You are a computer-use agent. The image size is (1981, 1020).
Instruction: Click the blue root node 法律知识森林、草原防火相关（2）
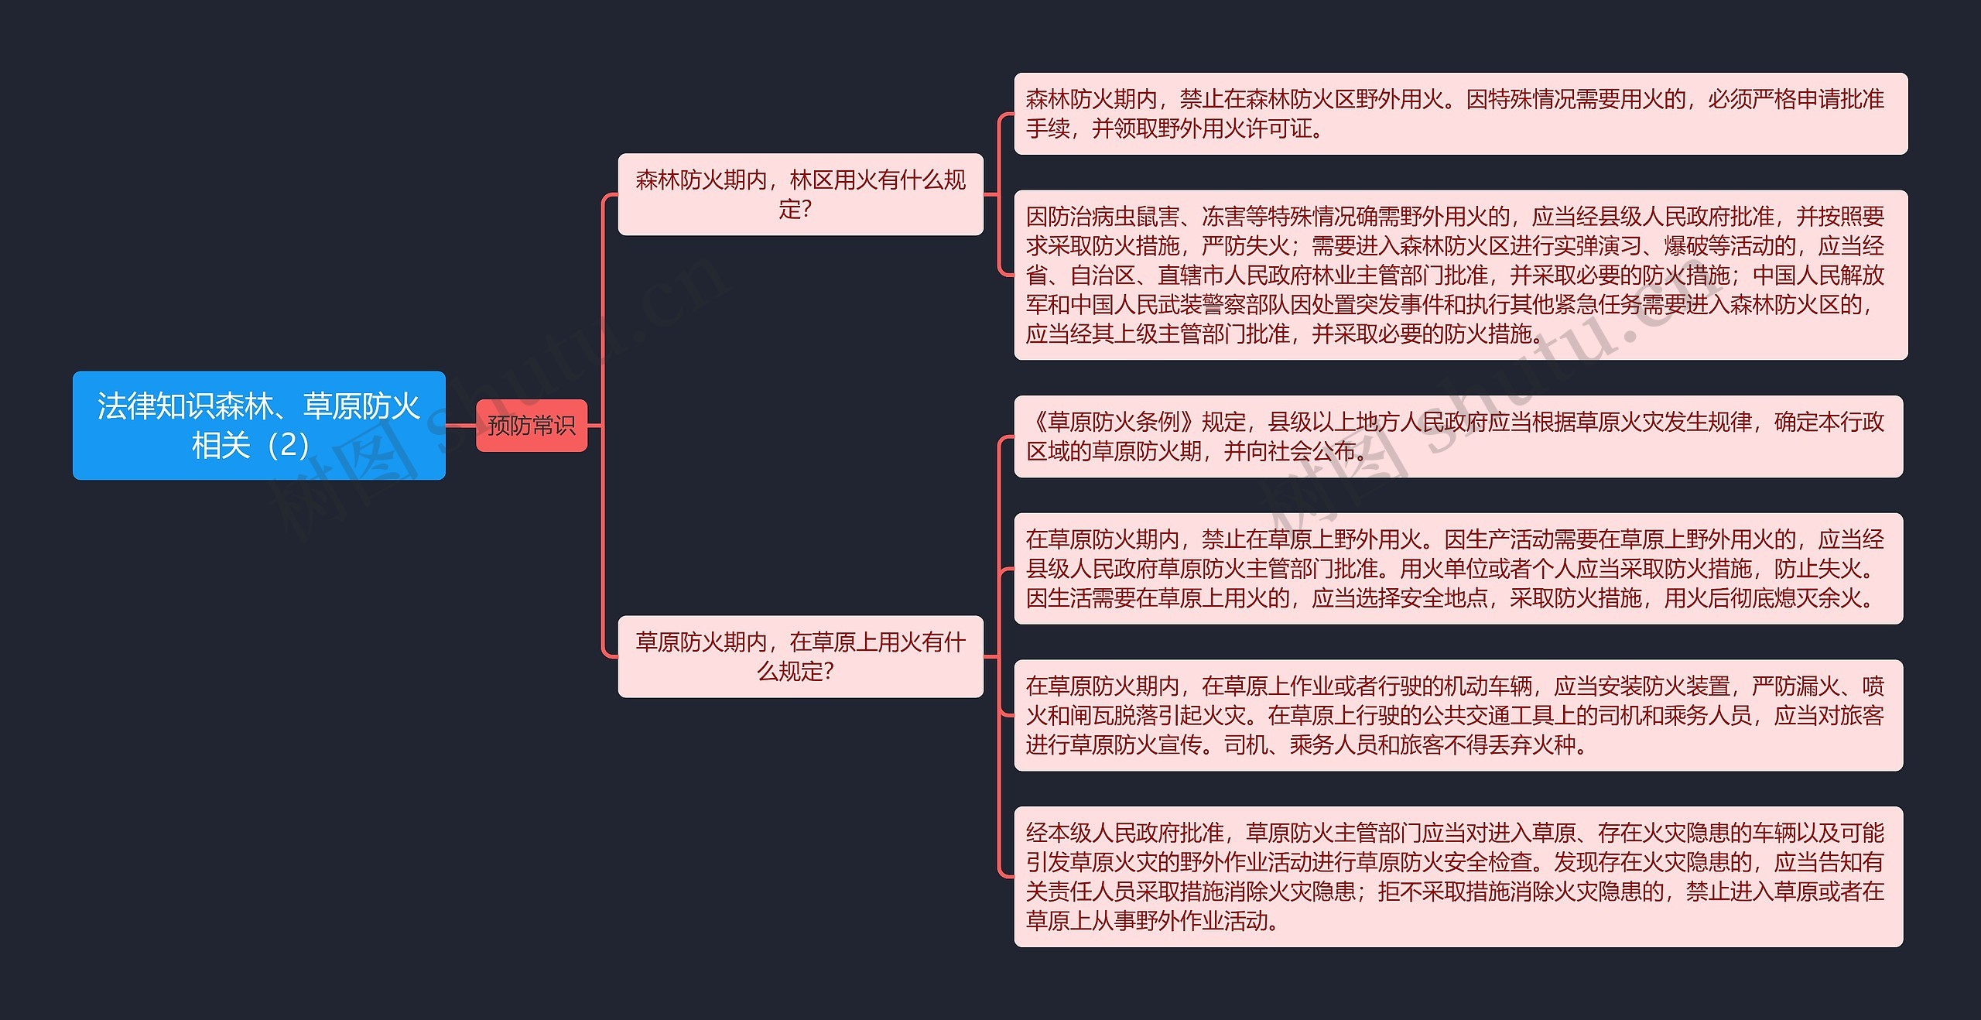[x=258, y=425]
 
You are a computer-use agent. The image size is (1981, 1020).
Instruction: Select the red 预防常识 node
[x=531, y=425]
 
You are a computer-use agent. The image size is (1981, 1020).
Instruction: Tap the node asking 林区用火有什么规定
[x=800, y=194]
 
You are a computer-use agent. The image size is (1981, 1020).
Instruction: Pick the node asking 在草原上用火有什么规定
[x=800, y=656]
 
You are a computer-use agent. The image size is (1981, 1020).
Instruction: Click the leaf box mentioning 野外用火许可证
[x=1459, y=114]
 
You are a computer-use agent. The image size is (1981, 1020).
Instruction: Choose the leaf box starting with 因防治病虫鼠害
[x=1459, y=275]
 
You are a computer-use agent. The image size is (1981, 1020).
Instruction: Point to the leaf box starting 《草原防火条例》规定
[x=1458, y=436]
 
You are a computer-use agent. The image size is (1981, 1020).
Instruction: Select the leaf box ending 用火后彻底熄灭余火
[x=1458, y=568]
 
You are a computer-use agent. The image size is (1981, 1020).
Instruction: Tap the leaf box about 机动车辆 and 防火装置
[x=1458, y=715]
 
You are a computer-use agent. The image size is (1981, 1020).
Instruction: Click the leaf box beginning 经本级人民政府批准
[x=1458, y=877]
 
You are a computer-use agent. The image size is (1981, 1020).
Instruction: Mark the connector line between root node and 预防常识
[x=460, y=425]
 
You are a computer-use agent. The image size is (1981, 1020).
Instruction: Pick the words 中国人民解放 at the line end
[x=1818, y=276]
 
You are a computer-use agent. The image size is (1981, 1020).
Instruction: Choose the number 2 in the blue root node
[x=288, y=445]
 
